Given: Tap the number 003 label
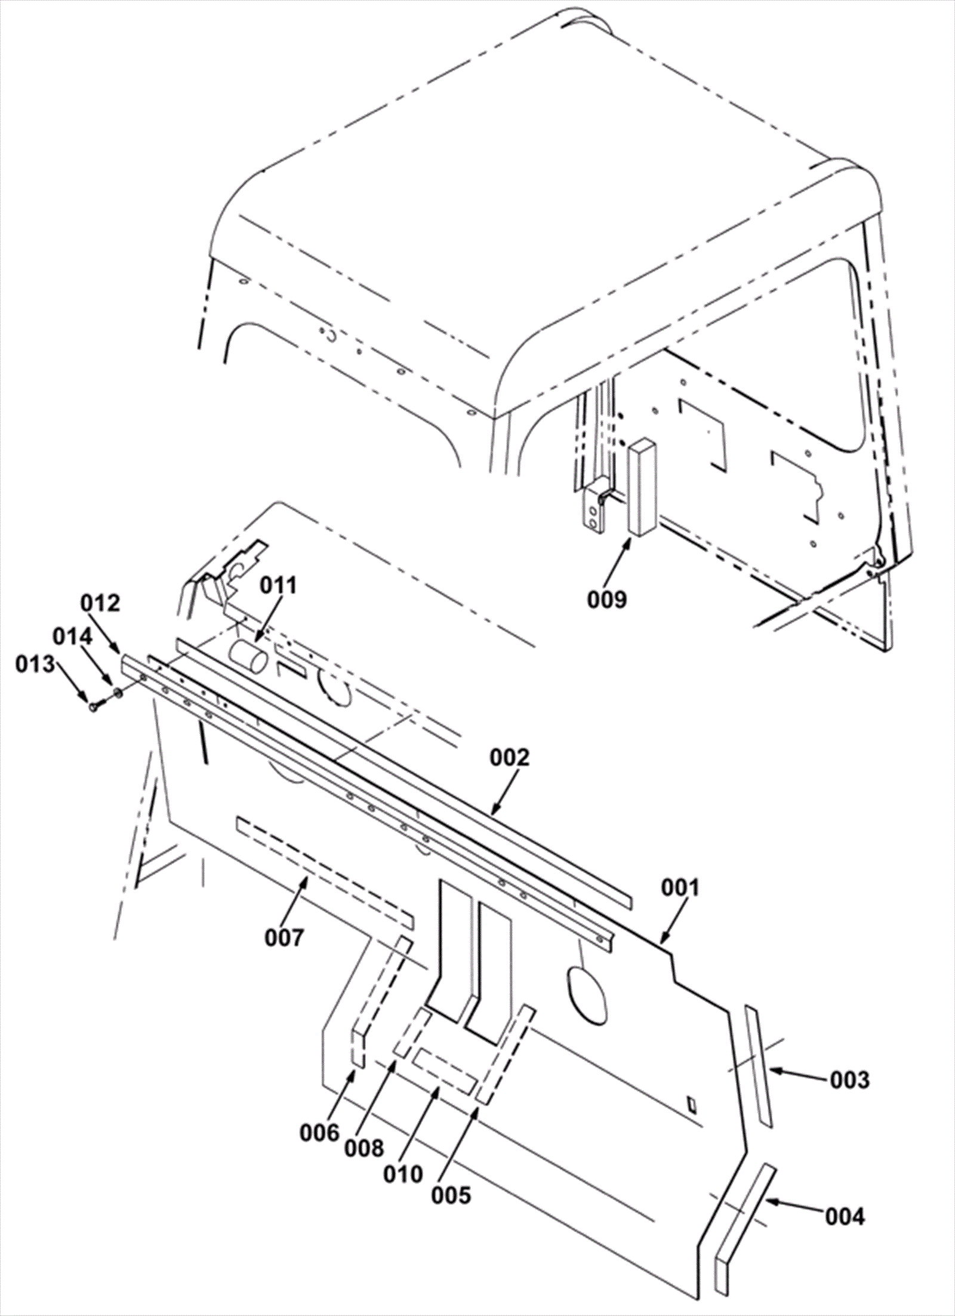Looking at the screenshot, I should coord(850,1080).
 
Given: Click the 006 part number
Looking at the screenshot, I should coord(319,1133).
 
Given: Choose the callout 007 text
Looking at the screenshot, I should coord(284,938).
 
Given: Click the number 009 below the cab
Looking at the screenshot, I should coord(607,599).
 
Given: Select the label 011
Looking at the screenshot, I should coord(279,585).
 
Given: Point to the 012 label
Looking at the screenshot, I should coord(101,603).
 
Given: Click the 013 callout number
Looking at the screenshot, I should coord(35,664).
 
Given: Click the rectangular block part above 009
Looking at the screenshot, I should coord(642,487).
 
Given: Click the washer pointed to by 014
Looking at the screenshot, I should coord(118,693).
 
